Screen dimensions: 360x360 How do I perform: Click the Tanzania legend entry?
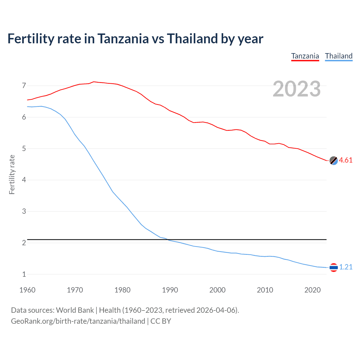(x=305, y=56)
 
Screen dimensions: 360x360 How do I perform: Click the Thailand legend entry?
(x=339, y=56)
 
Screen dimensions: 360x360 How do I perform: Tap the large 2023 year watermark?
(x=296, y=89)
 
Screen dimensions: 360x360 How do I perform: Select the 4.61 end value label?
(x=346, y=160)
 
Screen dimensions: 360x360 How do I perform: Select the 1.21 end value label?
(x=346, y=267)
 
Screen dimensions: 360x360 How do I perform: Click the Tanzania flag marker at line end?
(x=334, y=161)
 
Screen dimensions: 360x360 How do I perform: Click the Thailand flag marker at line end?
(x=334, y=267)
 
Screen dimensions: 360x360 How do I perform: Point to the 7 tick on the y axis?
(x=24, y=85)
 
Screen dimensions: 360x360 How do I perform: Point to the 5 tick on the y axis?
(x=24, y=148)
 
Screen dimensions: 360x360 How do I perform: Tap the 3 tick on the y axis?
(x=24, y=211)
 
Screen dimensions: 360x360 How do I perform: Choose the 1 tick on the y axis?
(x=24, y=274)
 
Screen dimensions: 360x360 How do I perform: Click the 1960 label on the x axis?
(x=27, y=290)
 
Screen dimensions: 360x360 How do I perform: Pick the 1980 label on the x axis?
(x=122, y=290)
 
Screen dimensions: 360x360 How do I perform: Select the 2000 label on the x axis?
(x=217, y=290)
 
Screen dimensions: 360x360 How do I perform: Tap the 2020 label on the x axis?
(x=312, y=290)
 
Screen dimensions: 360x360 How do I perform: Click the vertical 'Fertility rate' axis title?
(x=12, y=174)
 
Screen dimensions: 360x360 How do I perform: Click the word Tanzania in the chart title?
(x=123, y=39)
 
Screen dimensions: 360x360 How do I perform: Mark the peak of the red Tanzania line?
(x=94, y=82)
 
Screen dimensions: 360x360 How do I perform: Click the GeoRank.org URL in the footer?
(x=78, y=321)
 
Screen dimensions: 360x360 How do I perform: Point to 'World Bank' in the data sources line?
(x=75, y=310)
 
